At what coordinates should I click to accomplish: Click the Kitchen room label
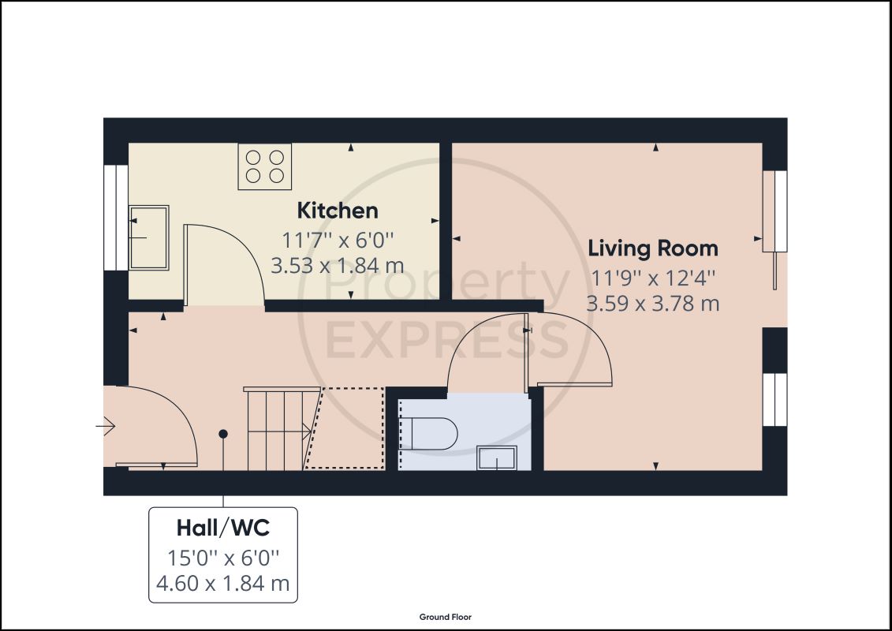[x=338, y=211]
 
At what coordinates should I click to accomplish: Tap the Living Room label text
[x=652, y=248]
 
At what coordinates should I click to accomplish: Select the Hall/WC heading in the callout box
[x=223, y=528]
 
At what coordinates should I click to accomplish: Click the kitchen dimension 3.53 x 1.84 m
[x=338, y=266]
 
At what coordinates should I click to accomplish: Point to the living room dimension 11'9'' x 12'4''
[x=652, y=278]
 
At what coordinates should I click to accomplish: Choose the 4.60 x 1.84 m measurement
[x=223, y=583]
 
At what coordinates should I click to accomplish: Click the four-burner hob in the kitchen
[x=265, y=166]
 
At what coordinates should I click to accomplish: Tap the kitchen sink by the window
[x=149, y=237]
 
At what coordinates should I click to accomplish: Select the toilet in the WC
[x=427, y=434]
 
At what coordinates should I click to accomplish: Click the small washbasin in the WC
[x=497, y=458]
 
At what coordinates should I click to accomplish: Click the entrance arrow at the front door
[x=106, y=426]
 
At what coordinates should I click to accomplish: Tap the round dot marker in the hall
[x=223, y=434]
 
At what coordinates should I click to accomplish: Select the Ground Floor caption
[x=446, y=617]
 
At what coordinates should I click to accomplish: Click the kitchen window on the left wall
[x=116, y=218]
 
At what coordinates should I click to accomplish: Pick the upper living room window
[x=774, y=211]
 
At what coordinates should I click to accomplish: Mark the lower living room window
[x=774, y=399]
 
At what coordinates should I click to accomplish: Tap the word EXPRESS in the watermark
[x=447, y=340]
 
